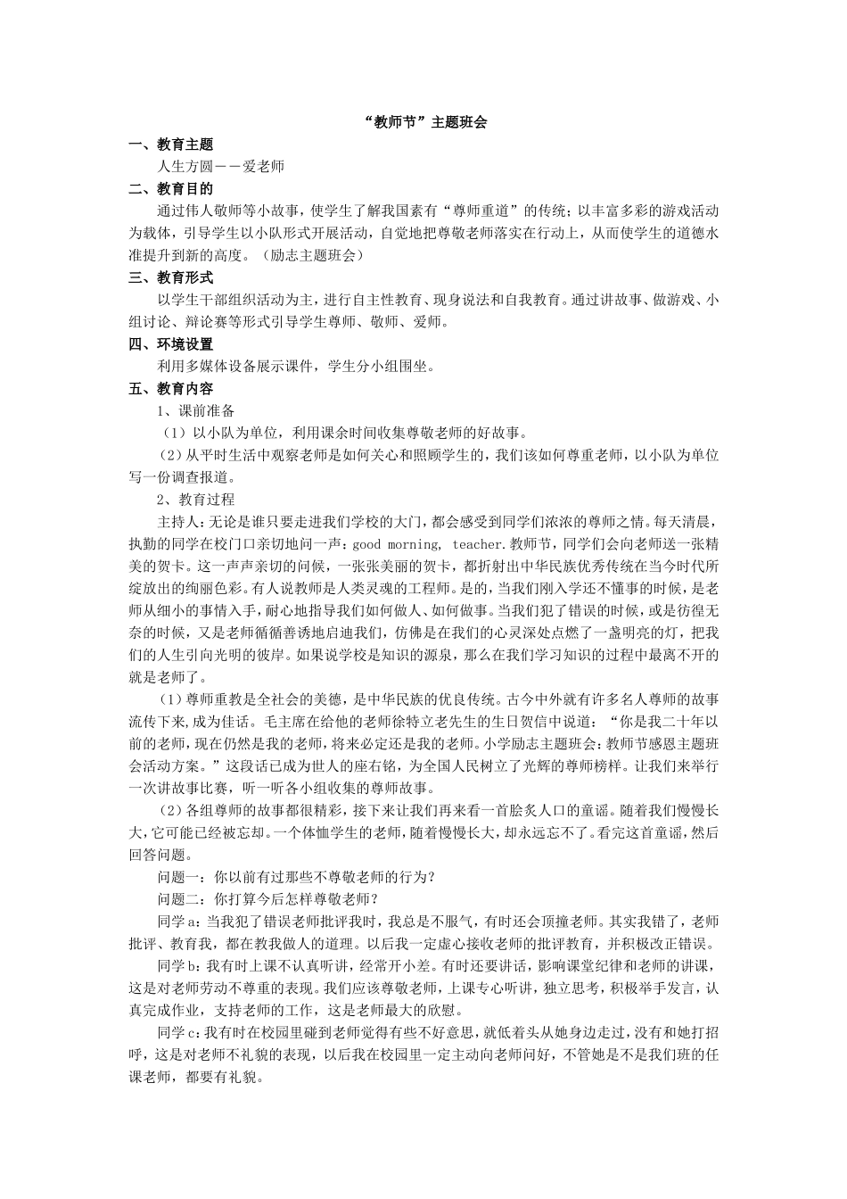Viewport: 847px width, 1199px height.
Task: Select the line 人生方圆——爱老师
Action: coord(220,167)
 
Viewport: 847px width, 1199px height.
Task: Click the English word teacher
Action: coord(481,544)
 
